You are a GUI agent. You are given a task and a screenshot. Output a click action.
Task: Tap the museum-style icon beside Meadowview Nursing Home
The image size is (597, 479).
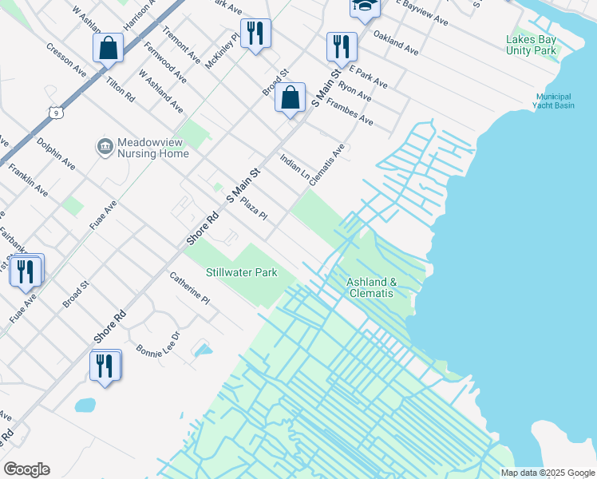(x=105, y=146)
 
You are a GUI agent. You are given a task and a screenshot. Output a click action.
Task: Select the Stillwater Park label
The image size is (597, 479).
(x=242, y=273)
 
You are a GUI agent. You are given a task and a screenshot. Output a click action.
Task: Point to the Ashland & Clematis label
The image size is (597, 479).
(x=370, y=287)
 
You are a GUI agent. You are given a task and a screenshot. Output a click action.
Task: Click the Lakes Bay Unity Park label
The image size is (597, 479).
(x=531, y=45)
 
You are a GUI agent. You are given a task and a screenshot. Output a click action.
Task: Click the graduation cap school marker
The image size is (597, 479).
(x=363, y=7)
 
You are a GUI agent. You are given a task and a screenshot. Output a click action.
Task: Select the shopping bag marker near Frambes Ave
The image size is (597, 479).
(x=291, y=99)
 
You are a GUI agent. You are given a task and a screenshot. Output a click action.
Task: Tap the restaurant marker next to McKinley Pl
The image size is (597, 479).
(x=255, y=34)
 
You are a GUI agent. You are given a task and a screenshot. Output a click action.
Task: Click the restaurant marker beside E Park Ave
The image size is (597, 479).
(x=342, y=46)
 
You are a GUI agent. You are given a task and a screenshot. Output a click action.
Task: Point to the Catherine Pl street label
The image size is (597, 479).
(x=189, y=287)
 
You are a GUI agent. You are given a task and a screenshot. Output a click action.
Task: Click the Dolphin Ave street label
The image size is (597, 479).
(x=56, y=153)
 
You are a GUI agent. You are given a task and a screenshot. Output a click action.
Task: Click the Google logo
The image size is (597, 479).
(x=26, y=469)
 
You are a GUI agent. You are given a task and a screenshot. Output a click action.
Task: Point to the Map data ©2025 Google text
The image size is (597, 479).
(x=548, y=473)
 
